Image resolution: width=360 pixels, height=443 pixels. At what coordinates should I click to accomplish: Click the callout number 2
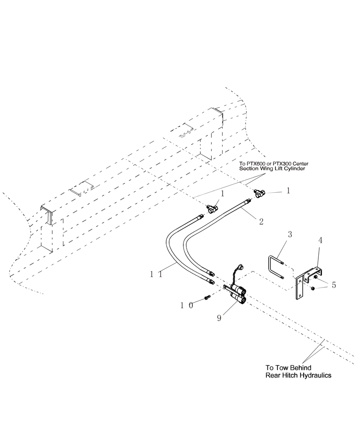262,220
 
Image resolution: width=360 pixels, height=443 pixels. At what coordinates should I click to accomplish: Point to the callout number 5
333,285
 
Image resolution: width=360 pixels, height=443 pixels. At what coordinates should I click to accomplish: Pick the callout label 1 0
186,305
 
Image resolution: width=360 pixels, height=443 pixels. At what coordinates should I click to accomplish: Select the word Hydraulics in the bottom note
314,375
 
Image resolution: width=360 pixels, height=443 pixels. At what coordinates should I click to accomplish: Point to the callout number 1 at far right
288,191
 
